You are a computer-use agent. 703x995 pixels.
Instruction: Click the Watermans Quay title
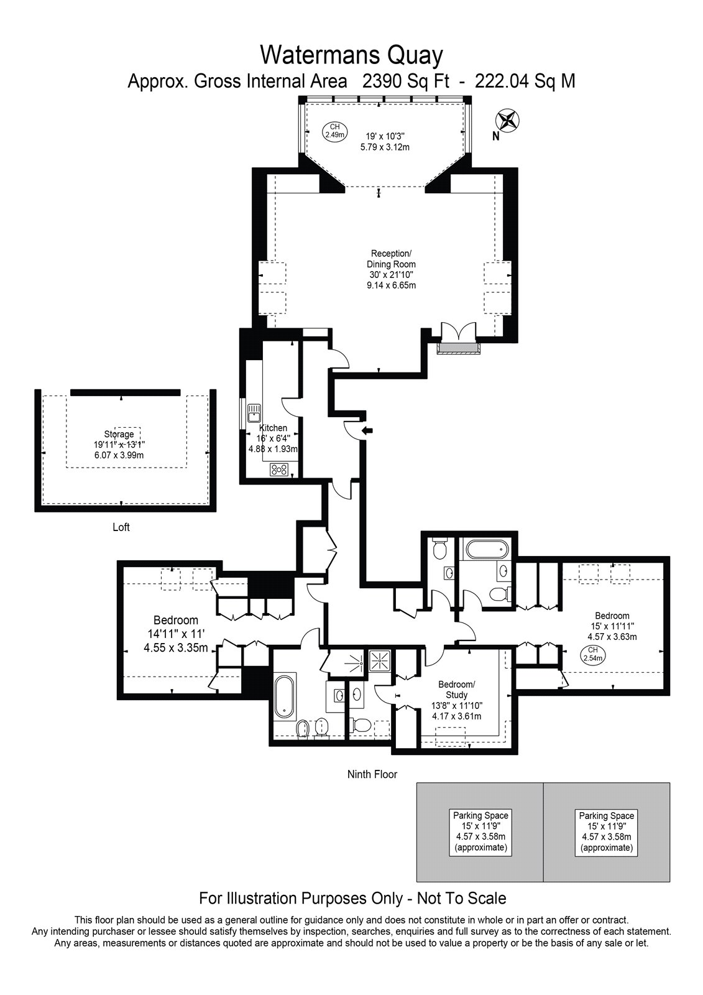351,55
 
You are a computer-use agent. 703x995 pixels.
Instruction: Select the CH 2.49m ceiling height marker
334,131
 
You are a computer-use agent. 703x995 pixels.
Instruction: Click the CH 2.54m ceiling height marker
592,654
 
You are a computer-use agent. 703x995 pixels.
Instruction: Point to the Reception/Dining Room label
391,269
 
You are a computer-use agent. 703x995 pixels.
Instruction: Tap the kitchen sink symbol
254,412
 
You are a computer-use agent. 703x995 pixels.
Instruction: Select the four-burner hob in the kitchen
279,470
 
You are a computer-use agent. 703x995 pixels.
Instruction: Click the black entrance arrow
368,430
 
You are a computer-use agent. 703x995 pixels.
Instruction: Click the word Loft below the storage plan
121,527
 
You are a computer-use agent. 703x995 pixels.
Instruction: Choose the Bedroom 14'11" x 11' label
176,634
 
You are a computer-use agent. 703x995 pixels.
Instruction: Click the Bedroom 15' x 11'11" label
612,626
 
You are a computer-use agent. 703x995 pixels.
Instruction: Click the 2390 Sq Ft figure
406,81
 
